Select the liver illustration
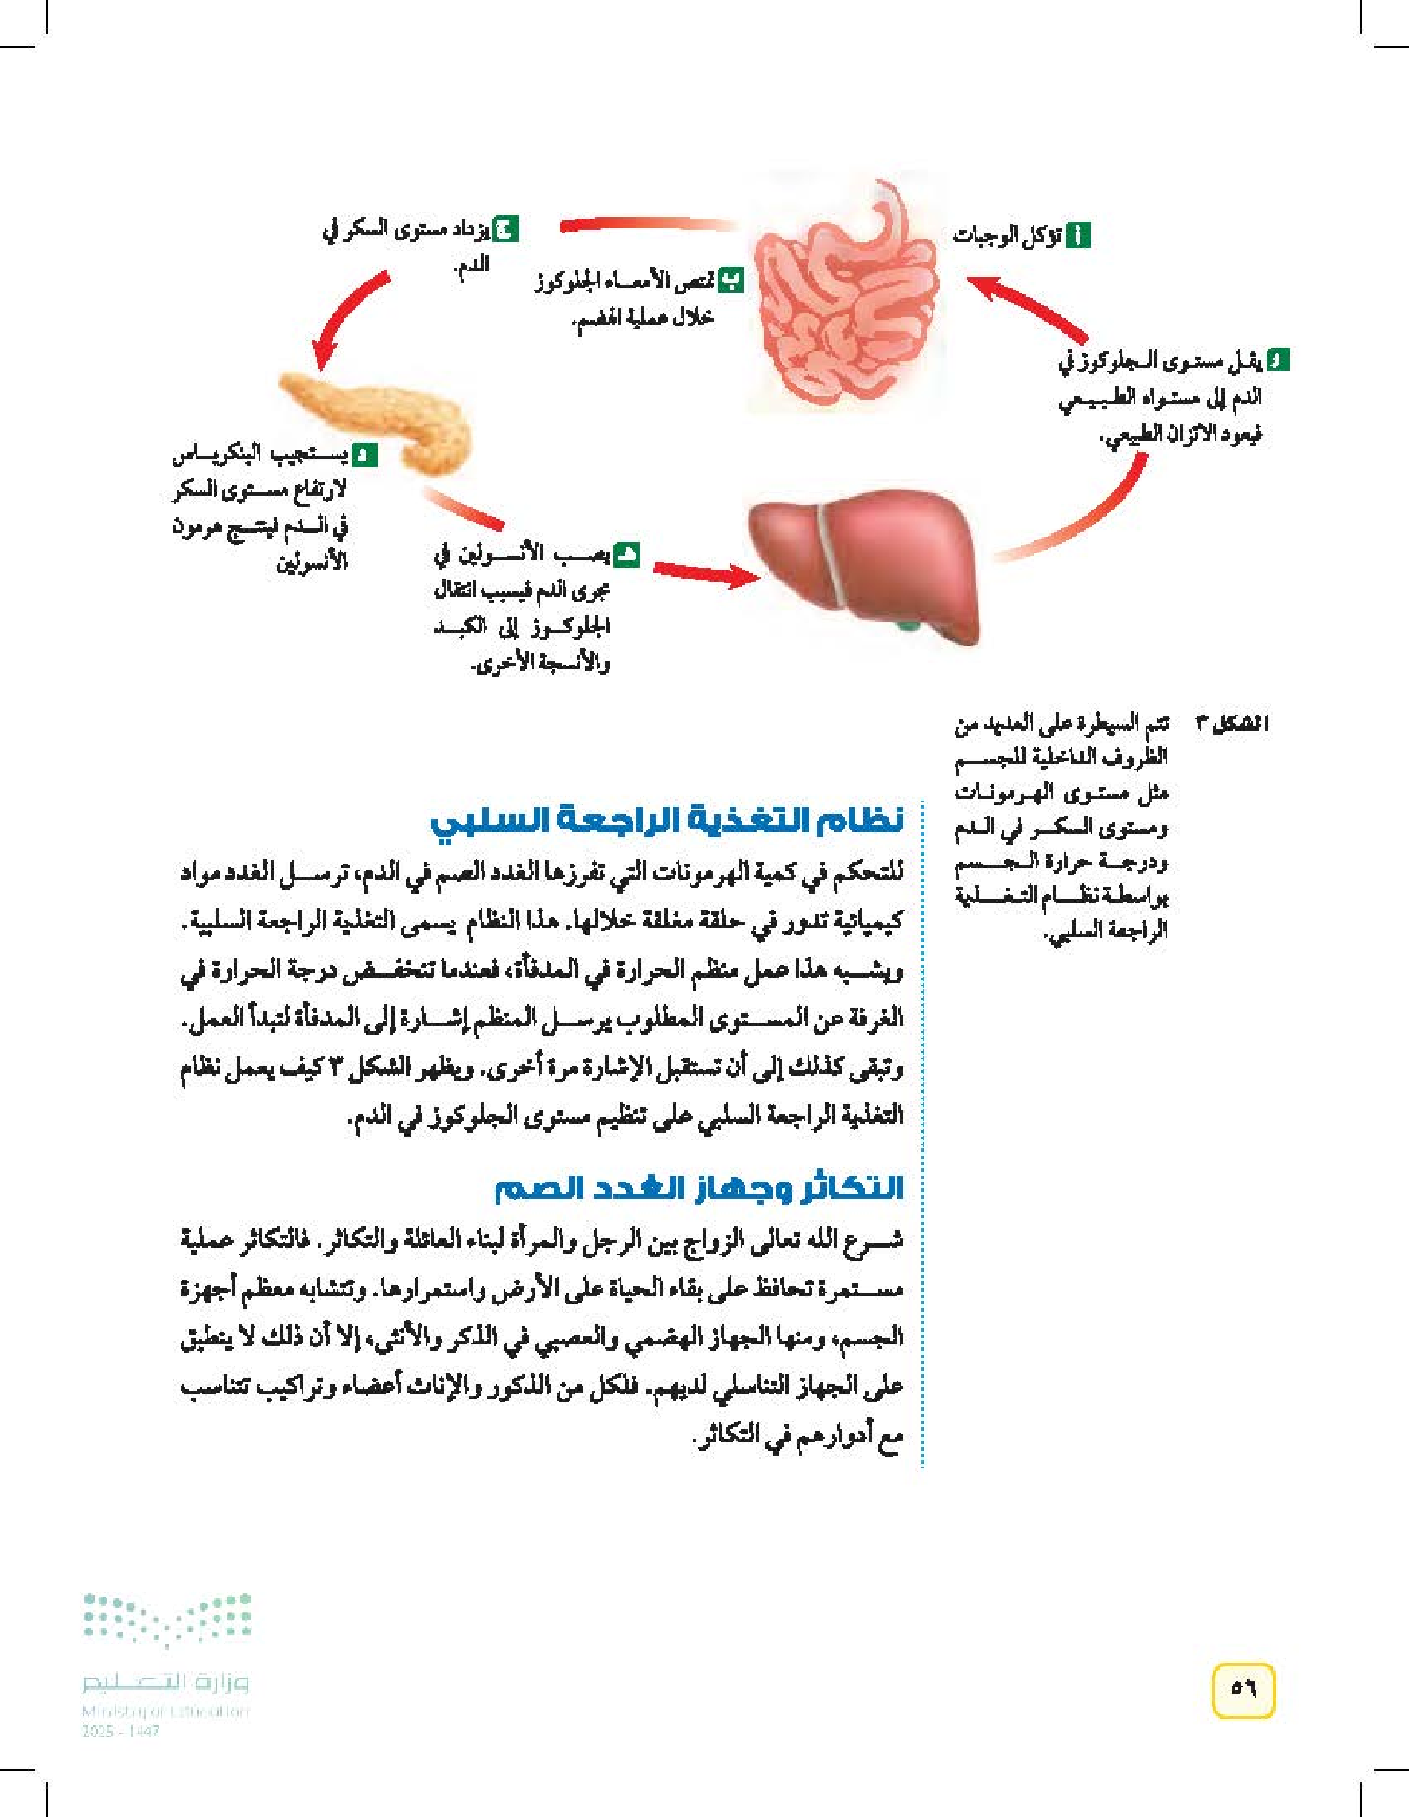tap(865, 566)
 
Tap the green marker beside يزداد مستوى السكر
tap(505, 228)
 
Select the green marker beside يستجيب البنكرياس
tap(364, 455)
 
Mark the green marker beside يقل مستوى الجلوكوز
tap(1277, 361)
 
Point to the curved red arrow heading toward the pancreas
tap(349, 320)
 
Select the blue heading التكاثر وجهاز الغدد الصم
tap(699, 1188)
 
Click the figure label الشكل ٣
tap(1232, 724)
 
